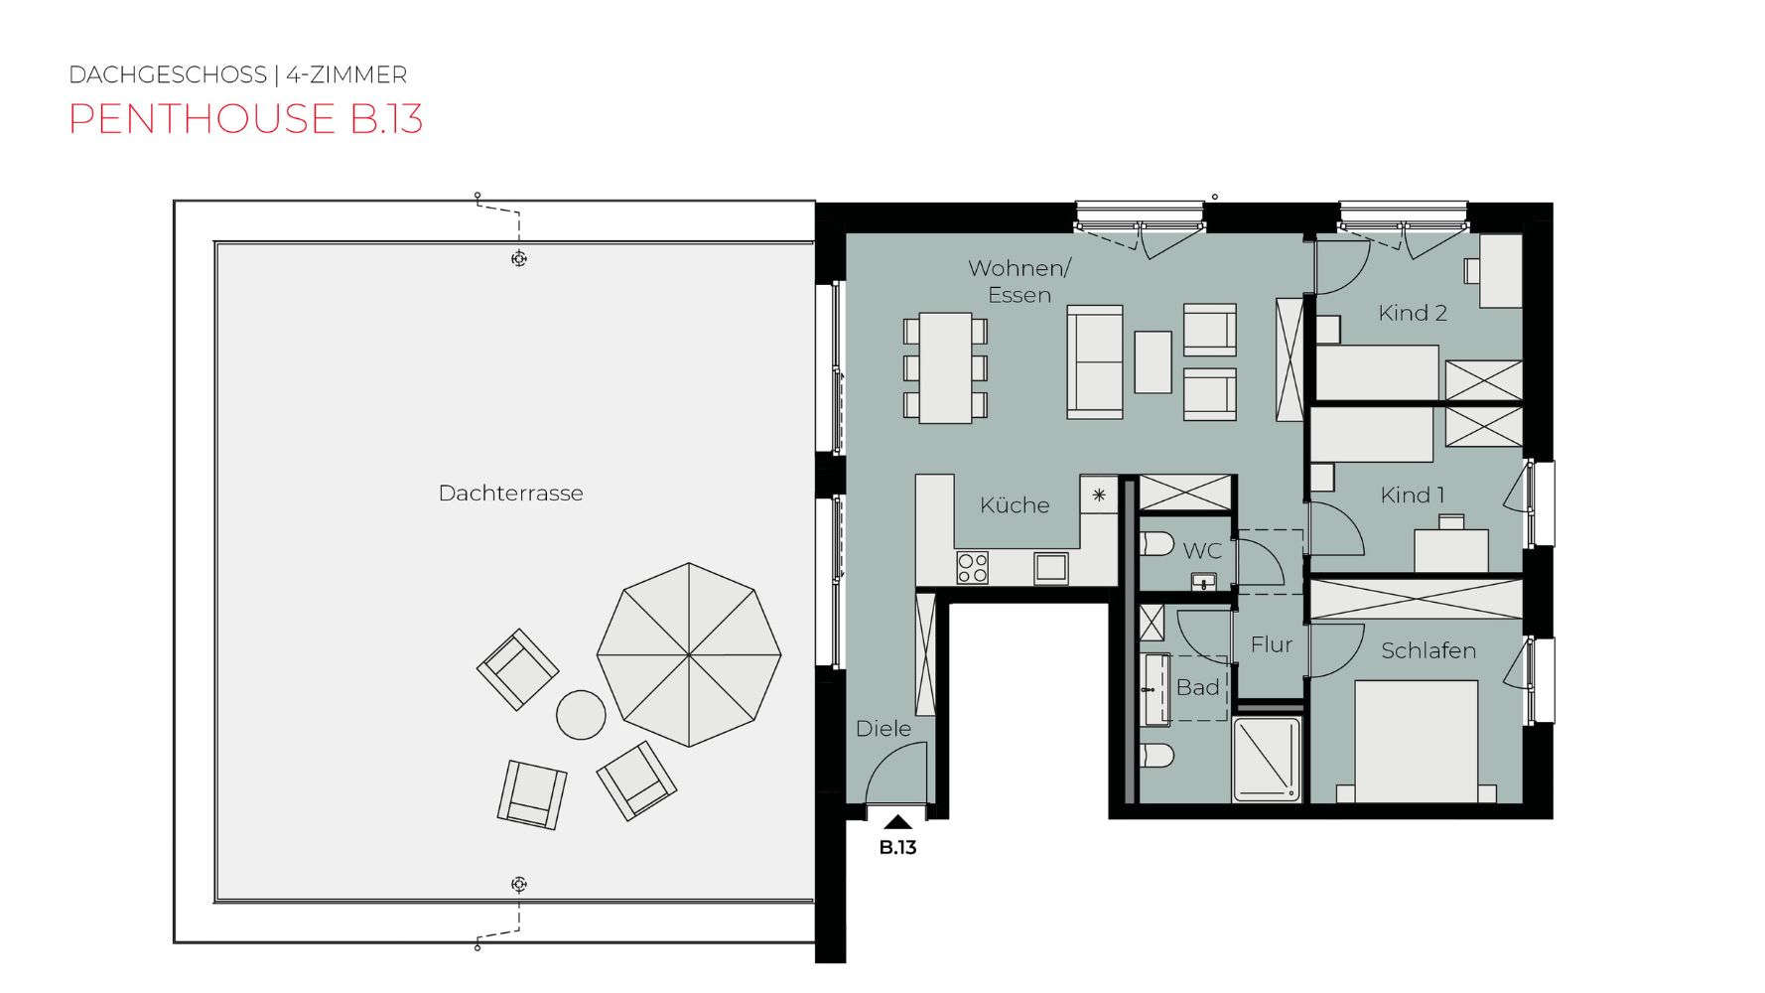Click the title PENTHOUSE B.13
pyautogui.click(x=246, y=119)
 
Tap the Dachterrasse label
pyautogui.click(x=510, y=494)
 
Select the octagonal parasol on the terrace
pyautogui.click(x=689, y=654)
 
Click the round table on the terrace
pyautogui.click(x=581, y=715)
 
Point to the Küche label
pyautogui.click(x=1015, y=504)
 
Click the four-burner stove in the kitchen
pyautogui.click(x=972, y=568)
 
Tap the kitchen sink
pyautogui.click(x=1050, y=568)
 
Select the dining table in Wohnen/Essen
pyautogui.click(x=945, y=368)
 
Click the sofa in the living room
pyautogui.click(x=1095, y=361)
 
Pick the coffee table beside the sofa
pyautogui.click(x=1153, y=361)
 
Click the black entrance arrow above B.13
pyautogui.click(x=897, y=821)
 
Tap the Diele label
pyautogui.click(x=883, y=729)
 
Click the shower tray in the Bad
pyautogui.click(x=1267, y=759)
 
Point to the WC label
pyautogui.click(x=1202, y=551)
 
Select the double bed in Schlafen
pyautogui.click(x=1417, y=741)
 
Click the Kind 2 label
pyautogui.click(x=1413, y=313)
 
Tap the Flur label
pyautogui.click(x=1272, y=645)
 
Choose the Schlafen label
pyautogui.click(x=1428, y=650)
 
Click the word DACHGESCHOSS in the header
pyautogui.click(x=168, y=75)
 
